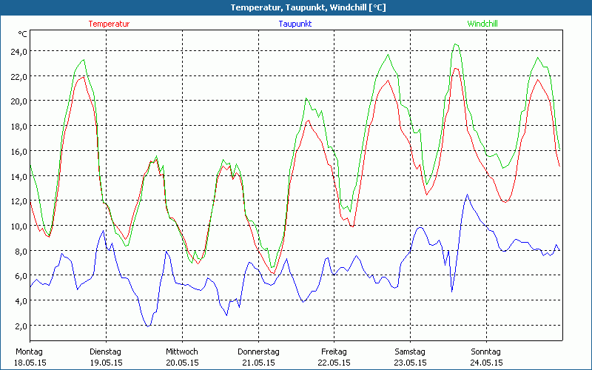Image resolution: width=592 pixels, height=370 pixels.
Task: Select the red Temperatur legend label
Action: pyautogui.click(x=109, y=24)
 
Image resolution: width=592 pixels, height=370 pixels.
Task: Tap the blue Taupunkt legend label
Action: pyautogui.click(x=295, y=24)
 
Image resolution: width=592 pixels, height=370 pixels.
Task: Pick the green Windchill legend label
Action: pyautogui.click(x=482, y=24)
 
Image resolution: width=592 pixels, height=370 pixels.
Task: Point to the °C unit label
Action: pyautogui.click(x=23, y=34)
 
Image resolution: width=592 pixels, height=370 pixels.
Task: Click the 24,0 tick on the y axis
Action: pyautogui.click(x=18, y=51)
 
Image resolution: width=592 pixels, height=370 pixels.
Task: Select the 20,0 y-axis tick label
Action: pyautogui.click(x=18, y=101)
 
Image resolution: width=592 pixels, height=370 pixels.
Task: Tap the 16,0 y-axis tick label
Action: pyautogui.click(x=18, y=151)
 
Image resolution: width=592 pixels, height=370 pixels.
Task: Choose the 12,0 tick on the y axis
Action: pyautogui.click(x=18, y=201)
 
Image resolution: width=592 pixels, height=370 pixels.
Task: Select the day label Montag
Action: pyautogui.click(x=29, y=351)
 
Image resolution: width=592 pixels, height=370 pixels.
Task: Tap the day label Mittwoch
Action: pyautogui.click(x=182, y=351)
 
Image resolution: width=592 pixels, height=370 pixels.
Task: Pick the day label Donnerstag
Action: pyautogui.click(x=258, y=351)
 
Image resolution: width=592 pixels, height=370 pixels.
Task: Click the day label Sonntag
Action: pyautogui.click(x=486, y=351)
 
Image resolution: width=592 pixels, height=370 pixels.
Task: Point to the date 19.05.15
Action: pyautogui.click(x=106, y=363)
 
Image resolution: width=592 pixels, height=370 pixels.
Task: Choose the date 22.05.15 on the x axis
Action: pyautogui.click(x=334, y=363)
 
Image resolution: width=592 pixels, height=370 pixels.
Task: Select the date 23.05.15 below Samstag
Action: pyautogui.click(x=410, y=363)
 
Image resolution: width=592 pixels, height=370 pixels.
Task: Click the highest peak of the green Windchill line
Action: pyautogui.click(x=456, y=44)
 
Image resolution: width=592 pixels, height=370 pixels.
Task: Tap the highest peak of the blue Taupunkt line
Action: pyautogui.click(x=467, y=195)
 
